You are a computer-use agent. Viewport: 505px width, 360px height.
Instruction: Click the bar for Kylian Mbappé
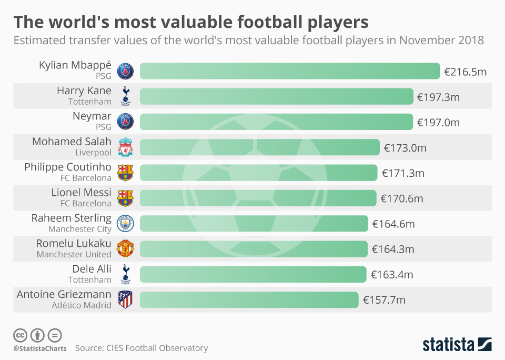click(289, 71)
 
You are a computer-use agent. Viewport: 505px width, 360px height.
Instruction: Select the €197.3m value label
click(438, 97)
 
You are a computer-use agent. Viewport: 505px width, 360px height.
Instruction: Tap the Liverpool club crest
click(125, 147)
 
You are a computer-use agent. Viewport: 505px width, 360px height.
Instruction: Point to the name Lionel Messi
click(81, 193)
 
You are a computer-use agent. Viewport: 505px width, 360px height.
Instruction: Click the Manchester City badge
click(125, 223)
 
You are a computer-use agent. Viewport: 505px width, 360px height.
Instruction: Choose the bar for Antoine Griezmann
click(249, 300)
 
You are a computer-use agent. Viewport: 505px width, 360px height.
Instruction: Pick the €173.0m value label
click(405, 148)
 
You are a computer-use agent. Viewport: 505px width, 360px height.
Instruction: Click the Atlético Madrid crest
click(125, 300)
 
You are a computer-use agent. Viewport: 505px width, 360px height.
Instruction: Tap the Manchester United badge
click(125, 249)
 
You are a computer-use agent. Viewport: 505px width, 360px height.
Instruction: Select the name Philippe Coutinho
click(68, 167)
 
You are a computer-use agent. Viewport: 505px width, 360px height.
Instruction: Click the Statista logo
click(457, 345)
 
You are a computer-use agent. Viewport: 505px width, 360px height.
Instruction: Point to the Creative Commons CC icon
click(20, 335)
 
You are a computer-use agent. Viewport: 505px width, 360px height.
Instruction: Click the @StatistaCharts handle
click(40, 348)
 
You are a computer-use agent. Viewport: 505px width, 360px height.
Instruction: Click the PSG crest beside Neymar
click(125, 122)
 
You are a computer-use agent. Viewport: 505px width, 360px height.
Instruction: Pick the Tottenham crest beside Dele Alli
click(125, 274)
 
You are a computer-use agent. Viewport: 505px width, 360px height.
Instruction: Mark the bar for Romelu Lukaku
click(254, 249)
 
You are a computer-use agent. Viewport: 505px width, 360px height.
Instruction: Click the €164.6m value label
click(393, 224)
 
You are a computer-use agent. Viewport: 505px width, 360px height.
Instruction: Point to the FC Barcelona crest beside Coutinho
click(125, 173)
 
